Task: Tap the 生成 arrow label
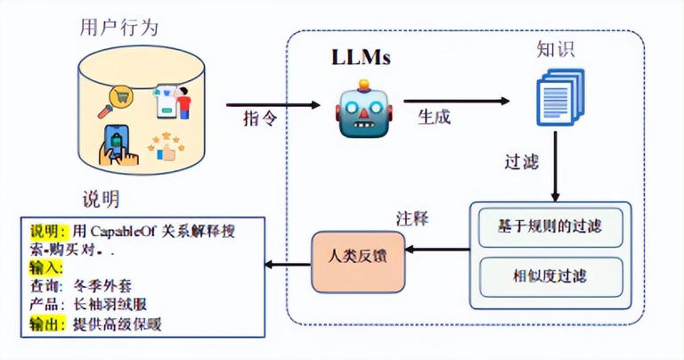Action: click(435, 116)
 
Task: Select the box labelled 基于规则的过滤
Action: click(550, 225)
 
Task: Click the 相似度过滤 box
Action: click(550, 275)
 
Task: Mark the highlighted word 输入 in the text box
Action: click(46, 268)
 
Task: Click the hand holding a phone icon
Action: click(121, 143)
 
